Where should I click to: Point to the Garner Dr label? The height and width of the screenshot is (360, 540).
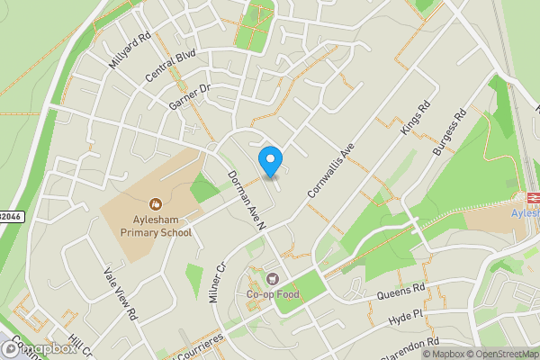(189, 98)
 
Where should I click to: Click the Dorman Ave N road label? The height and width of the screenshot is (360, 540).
(243, 199)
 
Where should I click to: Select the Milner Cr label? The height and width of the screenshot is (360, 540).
(216, 283)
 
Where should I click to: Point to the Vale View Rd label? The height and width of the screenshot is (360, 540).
(119, 295)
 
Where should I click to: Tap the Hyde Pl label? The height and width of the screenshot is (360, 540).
(404, 315)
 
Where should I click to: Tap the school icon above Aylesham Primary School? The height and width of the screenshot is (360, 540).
(157, 203)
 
